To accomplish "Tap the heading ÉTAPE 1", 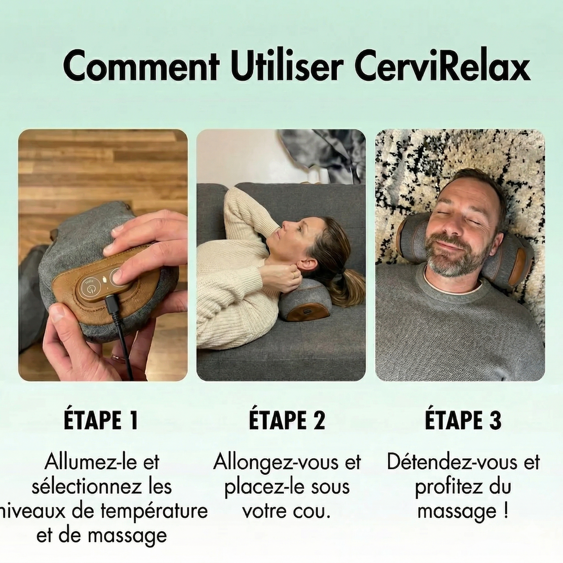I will click(100, 420).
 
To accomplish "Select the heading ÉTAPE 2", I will click(286, 420).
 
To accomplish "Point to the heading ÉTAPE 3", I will click(463, 420).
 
